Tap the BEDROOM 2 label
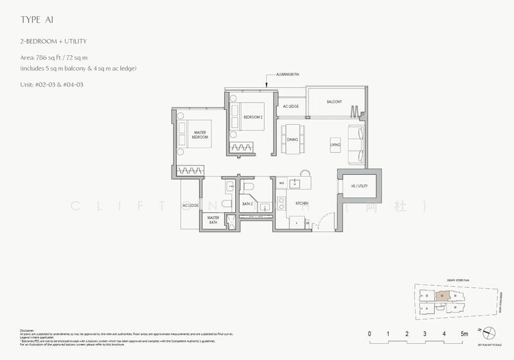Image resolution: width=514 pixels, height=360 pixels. coord(253,117)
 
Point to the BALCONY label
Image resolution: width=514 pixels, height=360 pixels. coord(333,102)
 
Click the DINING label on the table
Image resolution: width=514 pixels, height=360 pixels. coord(292,139)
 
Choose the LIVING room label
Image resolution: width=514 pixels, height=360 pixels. coord(335,145)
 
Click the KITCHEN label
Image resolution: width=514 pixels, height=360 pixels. coord(302,203)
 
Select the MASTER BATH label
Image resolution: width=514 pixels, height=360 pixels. coord(213,220)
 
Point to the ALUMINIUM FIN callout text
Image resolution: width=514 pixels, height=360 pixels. coord(288,75)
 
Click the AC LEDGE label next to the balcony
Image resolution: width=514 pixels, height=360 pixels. coord(291,106)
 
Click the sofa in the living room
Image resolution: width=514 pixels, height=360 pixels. coord(355,144)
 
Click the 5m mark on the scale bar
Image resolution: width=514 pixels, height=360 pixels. coord(464,334)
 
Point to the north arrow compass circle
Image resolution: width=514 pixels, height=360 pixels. coord(489,332)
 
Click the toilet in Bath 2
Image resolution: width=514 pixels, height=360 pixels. coord(249,187)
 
